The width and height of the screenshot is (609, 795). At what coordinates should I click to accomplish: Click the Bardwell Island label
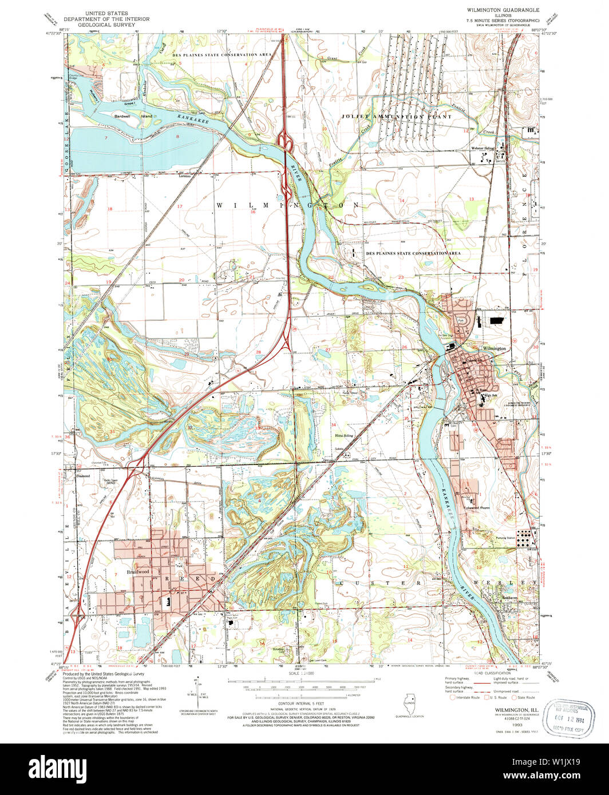click(x=133, y=116)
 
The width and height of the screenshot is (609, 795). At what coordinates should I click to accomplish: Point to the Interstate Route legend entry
click(x=465, y=697)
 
